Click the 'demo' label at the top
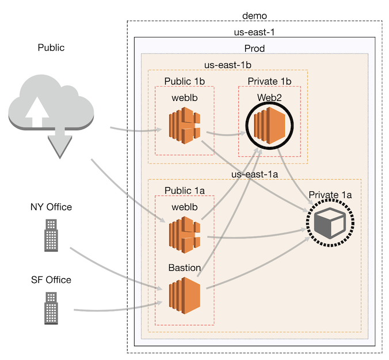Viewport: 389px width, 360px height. pyautogui.click(x=254, y=14)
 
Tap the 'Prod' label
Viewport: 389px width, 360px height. pyautogui.click(x=254, y=48)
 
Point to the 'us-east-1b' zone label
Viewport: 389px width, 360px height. pyautogui.click(x=227, y=66)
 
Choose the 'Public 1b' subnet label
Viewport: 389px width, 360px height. pyautogui.click(x=184, y=81)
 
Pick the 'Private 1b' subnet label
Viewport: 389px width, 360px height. pyautogui.click(x=270, y=81)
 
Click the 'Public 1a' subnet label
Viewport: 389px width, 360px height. pyautogui.click(x=184, y=190)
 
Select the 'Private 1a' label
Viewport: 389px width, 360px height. pyautogui.click(x=330, y=195)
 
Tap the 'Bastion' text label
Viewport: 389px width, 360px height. pyautogui.click(x=184, y=268)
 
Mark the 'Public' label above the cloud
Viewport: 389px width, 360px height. pyautogui.click(x=51, y=48)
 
